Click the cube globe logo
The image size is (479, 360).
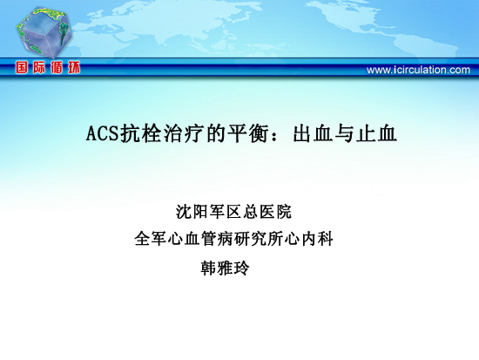point(44,32)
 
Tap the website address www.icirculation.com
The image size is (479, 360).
point(418,70)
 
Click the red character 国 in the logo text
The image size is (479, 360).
point(22,67)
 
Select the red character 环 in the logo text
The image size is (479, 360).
point(74,67)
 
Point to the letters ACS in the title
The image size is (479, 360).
point(102,133)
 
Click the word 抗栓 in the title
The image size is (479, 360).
point(140,133)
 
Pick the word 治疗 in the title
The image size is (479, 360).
point(183,133)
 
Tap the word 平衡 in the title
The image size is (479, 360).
point(247,133)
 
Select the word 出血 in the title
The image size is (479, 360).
point(312,133)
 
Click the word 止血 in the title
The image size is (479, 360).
point(376,133)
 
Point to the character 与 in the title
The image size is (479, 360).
point(344,133)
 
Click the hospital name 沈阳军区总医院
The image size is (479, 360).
point(233,212)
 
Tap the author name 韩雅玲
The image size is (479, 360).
point(226,268)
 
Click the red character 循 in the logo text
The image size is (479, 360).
point(57,67)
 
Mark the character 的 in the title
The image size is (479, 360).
point(215,133)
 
